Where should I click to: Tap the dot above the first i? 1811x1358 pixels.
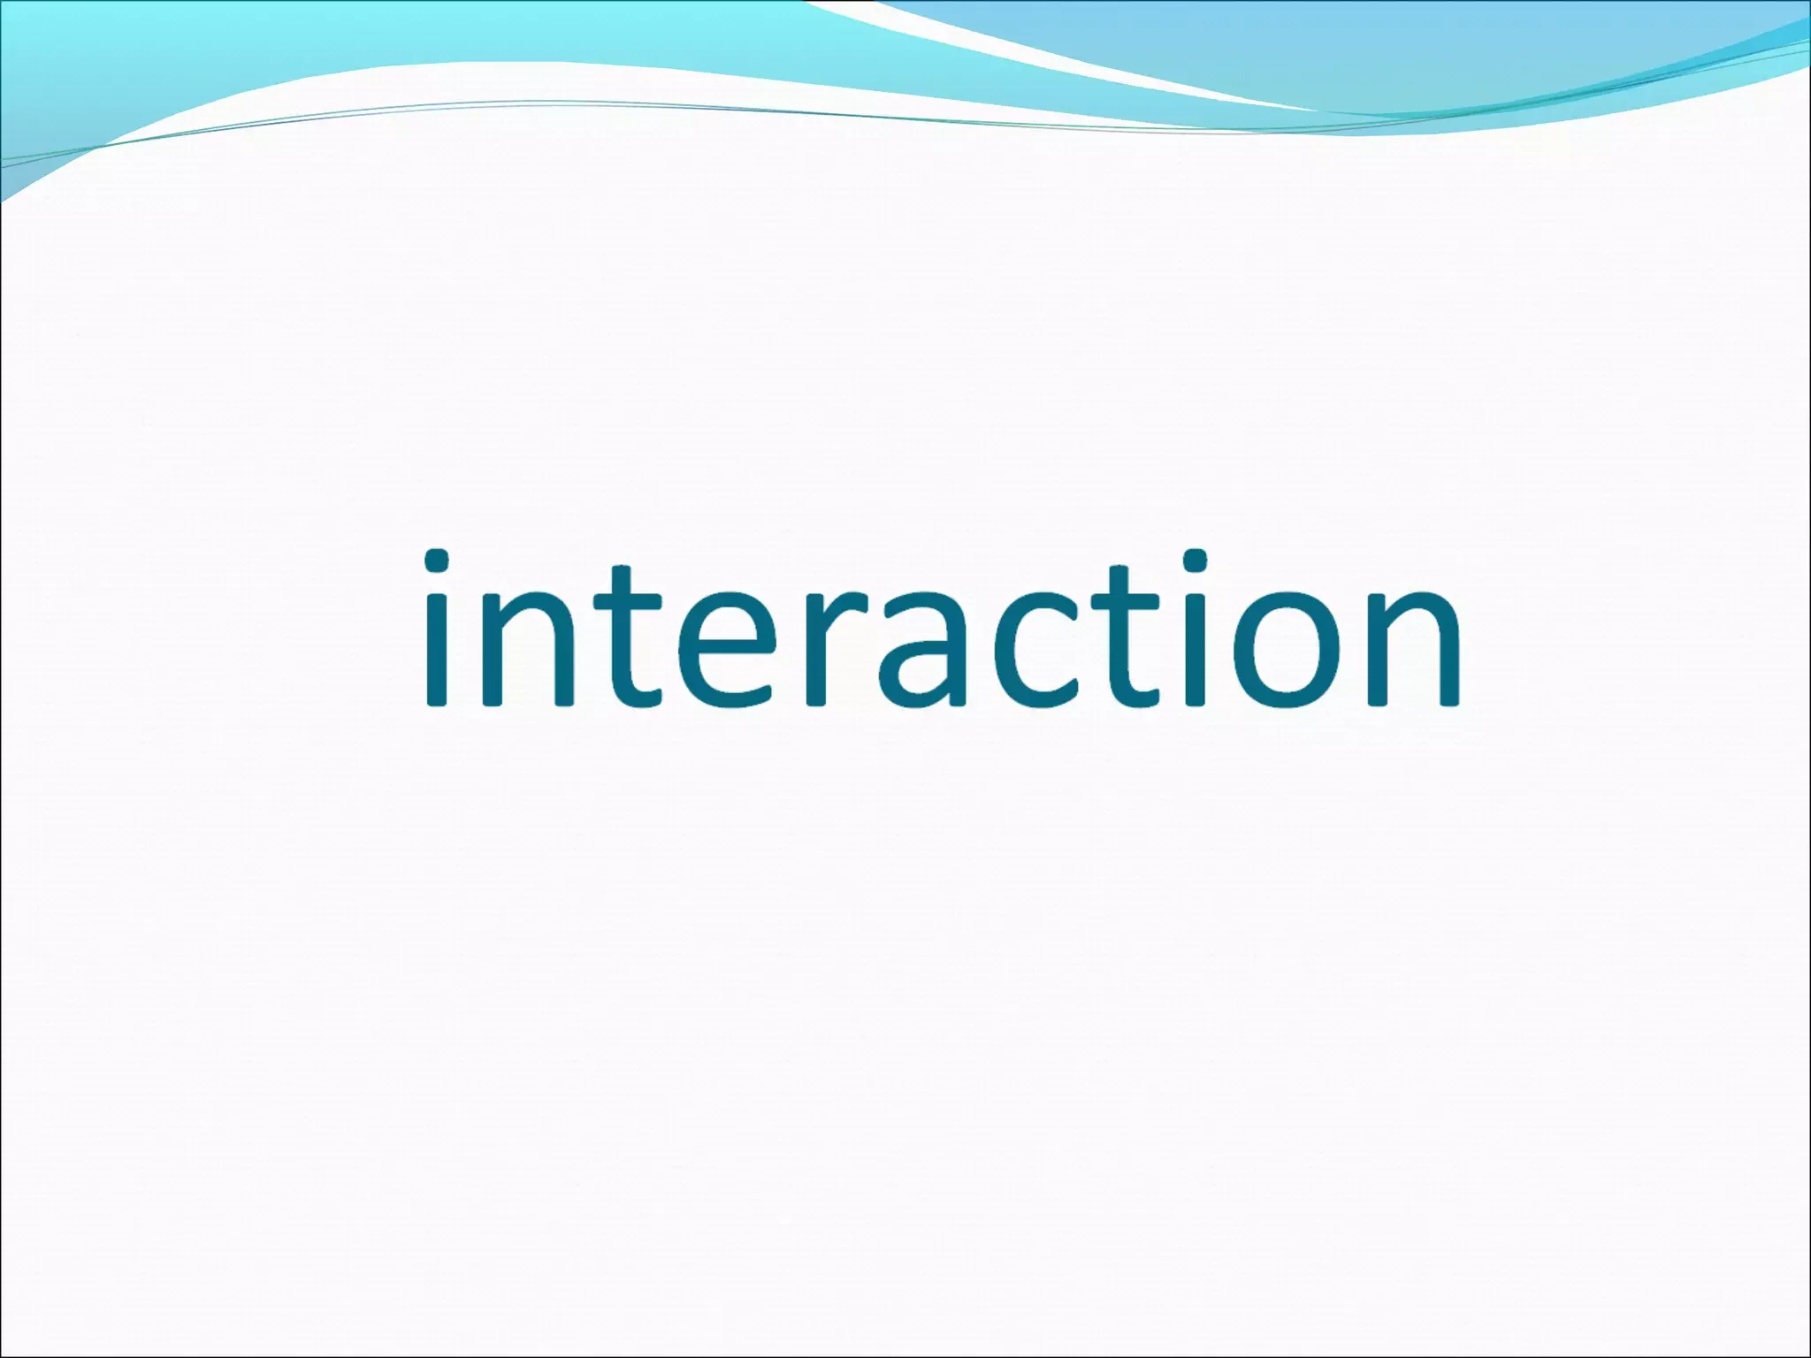437,561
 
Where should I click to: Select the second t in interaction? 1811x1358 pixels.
1127,637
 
